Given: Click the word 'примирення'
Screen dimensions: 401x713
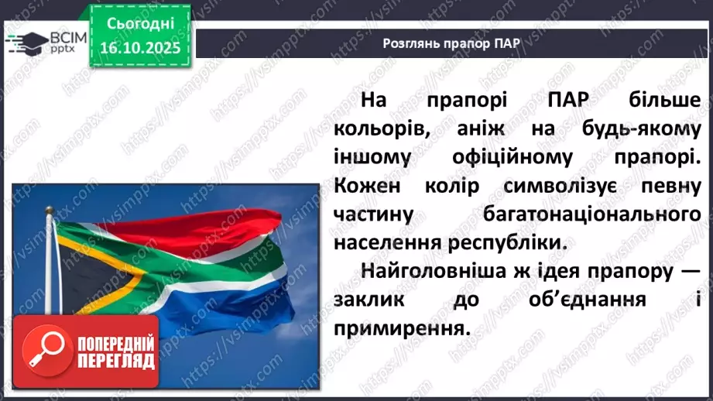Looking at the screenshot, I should click(401, 327).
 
